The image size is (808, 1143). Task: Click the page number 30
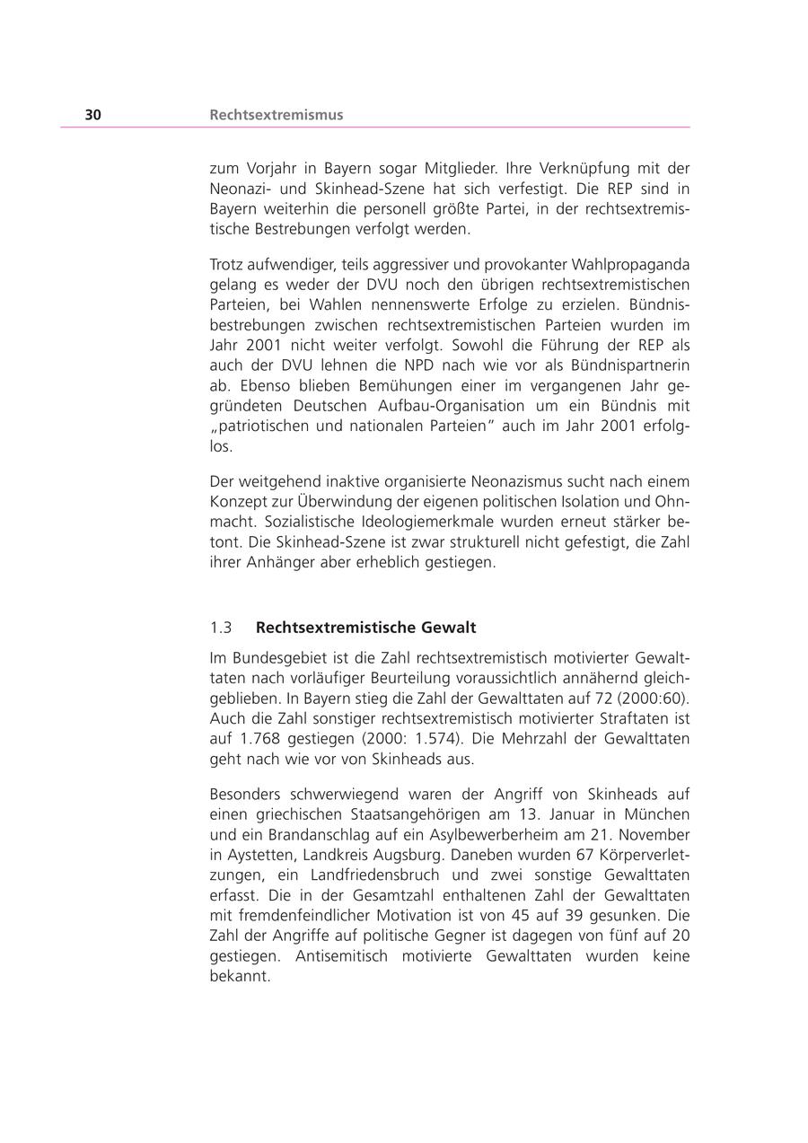point(93,115)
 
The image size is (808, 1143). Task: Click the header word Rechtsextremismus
point(277,115)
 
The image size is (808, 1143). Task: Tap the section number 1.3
point(221,628)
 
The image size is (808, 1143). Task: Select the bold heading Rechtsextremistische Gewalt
point(365,628)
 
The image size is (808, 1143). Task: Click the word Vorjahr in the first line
point(266,168)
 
